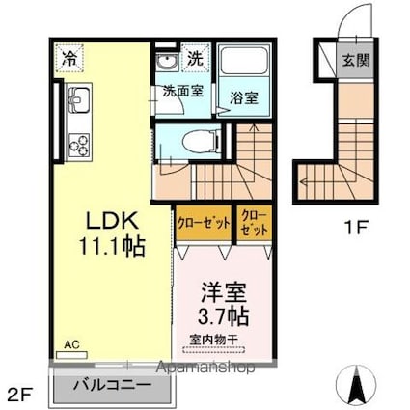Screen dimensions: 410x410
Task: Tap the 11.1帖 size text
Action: [113, 246]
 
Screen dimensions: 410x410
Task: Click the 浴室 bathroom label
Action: [241, 97]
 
